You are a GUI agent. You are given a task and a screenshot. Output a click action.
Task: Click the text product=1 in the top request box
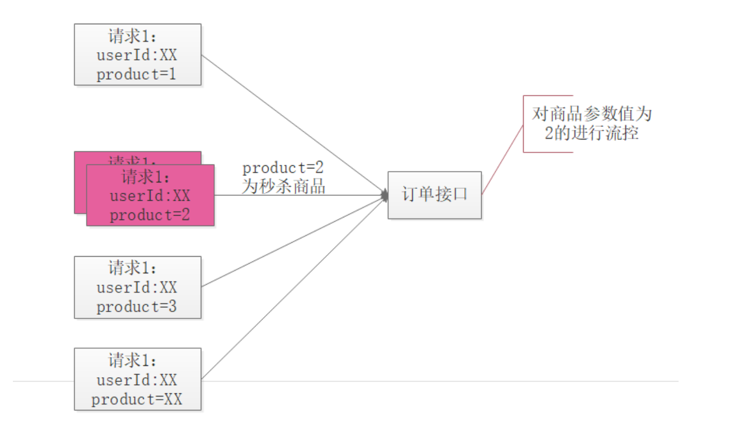(137, 75)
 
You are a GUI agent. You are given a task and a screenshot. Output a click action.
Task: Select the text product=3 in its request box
(137, 307)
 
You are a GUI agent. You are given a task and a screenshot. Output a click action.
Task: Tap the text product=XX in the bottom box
(137, 400)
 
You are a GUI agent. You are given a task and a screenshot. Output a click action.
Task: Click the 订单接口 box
(434, 195)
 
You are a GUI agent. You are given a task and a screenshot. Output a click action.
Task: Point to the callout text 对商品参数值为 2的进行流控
(591, 123)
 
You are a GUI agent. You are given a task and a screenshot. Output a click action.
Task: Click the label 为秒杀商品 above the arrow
(284, 187)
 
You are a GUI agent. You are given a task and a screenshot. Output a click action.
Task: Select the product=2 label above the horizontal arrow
(284, 168)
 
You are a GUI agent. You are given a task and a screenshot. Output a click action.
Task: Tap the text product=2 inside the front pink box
(150, 215)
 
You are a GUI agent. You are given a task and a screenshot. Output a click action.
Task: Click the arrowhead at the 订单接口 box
(385, 195)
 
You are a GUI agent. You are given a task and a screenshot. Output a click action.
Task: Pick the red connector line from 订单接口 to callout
(503, 159)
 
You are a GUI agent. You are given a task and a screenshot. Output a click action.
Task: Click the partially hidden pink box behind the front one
(80, 183)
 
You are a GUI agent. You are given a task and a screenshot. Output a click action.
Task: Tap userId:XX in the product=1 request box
(137, 56)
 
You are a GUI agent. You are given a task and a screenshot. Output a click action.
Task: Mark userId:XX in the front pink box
(150, 196)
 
